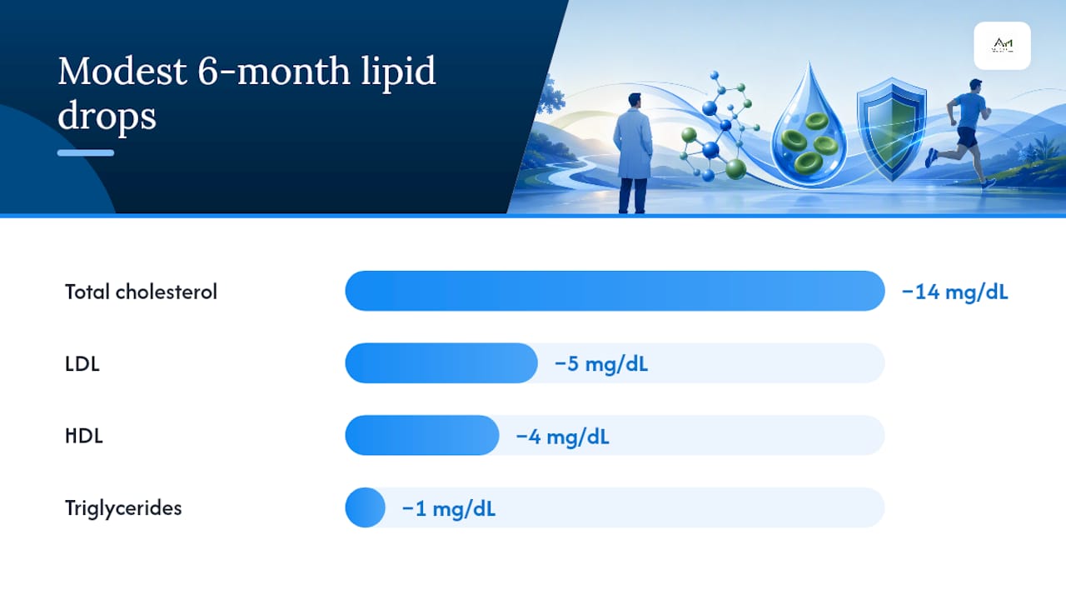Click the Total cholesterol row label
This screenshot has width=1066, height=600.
tap(141, 292)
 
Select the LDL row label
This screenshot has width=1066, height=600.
tap(82, 364)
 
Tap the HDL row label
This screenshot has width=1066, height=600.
tap(84, 436)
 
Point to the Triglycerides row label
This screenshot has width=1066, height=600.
tap(123, 508)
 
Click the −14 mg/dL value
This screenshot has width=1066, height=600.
tap(954, 292)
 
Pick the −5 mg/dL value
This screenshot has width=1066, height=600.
tap(601, 364)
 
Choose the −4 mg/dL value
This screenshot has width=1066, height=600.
tap(562, 437)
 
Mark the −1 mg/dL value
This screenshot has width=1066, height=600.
tap(448, 508)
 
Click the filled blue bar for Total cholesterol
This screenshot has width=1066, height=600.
tap(615, 291)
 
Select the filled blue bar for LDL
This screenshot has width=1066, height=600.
tap(441, 362)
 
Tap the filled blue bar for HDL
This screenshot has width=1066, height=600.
tap(422, 435)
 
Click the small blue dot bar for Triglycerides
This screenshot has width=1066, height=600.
tap(365, 507)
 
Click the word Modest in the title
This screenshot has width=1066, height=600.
tap(122, 72)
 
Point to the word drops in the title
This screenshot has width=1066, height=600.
tap(107, 116)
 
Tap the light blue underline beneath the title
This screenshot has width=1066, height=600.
tap(86, 152)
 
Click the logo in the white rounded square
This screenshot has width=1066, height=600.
tap(1002, 46)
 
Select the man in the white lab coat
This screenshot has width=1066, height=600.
tap(633, 152)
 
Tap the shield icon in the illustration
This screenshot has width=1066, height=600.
tap(891, 128)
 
